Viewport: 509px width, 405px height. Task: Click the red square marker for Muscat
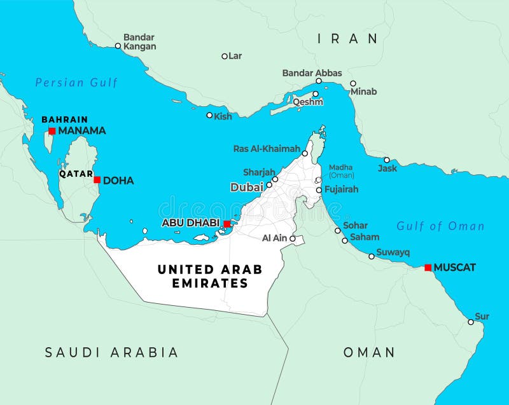pyautogui.click(x=428, y=268)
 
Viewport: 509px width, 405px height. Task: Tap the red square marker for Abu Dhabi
pyautogui.click(x=227, y=224)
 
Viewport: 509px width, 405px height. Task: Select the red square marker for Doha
pyautogui.click(x=97, y=180)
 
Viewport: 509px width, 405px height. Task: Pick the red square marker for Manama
pyautogui.click(x=52, y=131)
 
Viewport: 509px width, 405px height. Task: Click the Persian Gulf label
pyautogui.click(x=76, y=83)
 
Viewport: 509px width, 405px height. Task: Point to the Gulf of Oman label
pyautogui.click(x=440, y=226)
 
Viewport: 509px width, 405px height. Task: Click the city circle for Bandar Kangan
pyautogui.click(x=118, y=46)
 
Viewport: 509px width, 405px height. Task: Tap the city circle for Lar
pyautogui.click(x=225, y=56)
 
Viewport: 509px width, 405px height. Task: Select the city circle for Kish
pyautogui.click(x=209, y=115)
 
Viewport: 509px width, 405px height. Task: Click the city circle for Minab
pyautogui.click(x=353, y=83)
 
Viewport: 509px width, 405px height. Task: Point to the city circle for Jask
pyautogui.click(x=387, y=160)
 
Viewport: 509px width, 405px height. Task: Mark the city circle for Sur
pyautogui.click(x=471, y=322)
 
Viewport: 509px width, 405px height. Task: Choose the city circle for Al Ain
pyautogui.click(x=293, y=239)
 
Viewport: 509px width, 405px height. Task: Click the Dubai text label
pyautogui.click(x=246, y=188)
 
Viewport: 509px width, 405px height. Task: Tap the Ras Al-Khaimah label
pyautogui.click(x=267, y=149)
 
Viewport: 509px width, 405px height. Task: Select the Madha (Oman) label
pyautogui.click(x=342, y=171)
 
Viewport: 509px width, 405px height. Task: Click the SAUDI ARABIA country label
pyautogui.click(x=111, y=352)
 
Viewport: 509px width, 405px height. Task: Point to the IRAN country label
pyautogui.click(x=347, y=39)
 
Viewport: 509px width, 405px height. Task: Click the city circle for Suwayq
pyautogui.click(x=372, y=256)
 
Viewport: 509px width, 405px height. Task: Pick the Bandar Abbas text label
pyautogui.click(x=312, y=73)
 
